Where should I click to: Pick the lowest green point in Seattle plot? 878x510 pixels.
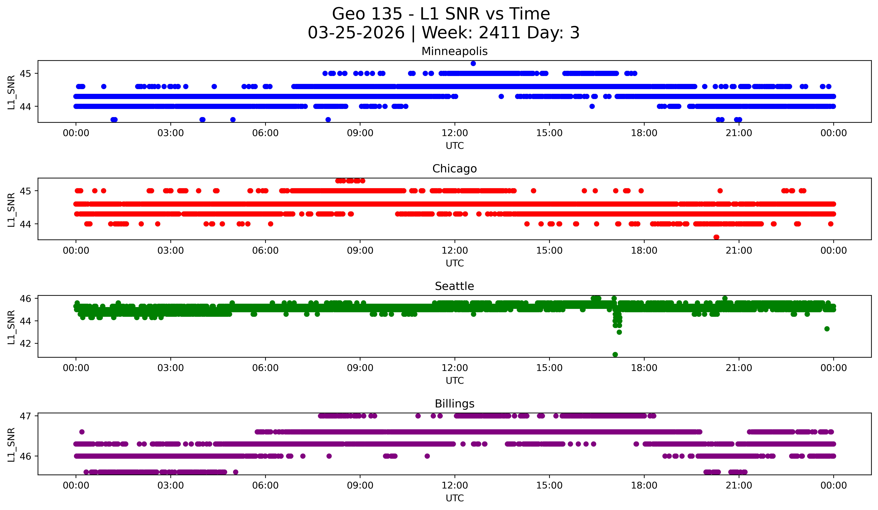(615, 354)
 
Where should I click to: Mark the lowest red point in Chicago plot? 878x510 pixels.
(716, 237)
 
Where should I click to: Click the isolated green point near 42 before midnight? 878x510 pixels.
(827, 329)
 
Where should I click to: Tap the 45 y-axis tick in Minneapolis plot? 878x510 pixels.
(25, 73)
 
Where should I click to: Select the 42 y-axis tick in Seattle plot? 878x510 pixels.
(25, 343)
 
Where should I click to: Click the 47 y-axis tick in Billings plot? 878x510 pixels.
(25, 416)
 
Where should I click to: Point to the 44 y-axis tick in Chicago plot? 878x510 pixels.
(25, 224)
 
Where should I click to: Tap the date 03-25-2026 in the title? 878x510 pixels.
(356, 33)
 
